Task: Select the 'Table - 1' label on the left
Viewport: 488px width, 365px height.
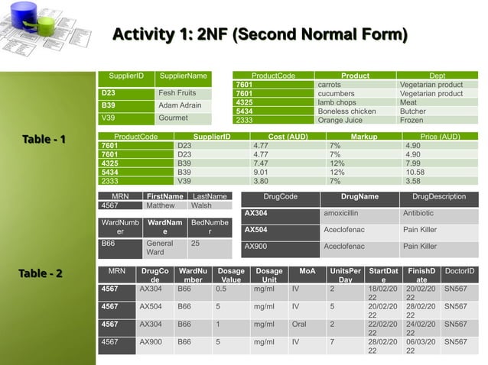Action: (44, 139)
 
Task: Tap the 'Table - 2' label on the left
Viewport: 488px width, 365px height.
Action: (41, 273)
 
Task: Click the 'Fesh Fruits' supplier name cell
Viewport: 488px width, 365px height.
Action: (177, 93)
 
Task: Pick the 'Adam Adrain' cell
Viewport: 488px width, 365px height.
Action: (180, 105)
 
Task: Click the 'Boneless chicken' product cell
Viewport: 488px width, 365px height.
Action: (346, 111)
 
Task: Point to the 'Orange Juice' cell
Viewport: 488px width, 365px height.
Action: (340, 120)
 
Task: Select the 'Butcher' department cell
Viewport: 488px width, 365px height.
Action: (413, 111)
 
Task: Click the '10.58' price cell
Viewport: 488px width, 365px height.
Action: (415, 173)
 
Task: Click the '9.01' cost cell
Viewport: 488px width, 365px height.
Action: (261, 173)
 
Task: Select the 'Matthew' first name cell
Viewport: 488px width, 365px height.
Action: (161, 205)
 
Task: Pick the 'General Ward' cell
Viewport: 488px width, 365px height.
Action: (161, 247)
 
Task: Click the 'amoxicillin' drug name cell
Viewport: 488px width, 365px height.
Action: (347, 214)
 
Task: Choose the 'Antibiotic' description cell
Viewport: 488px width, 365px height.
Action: (418, 214)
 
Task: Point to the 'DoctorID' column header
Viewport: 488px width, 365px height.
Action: (460, 272)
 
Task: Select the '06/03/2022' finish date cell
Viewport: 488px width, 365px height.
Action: (421, 347)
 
